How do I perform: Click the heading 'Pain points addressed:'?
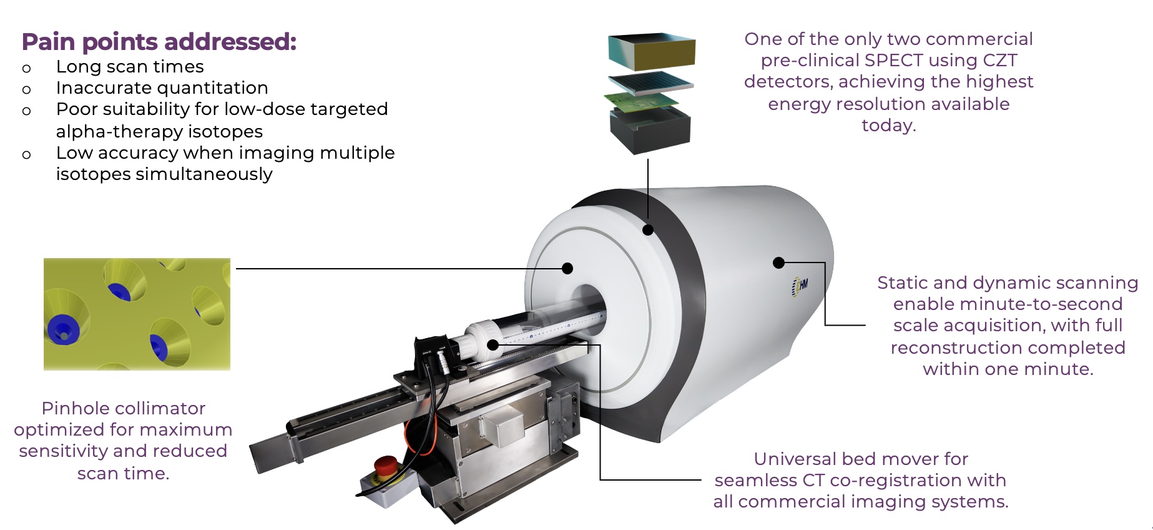coord(159,42)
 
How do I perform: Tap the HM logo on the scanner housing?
coord(800,286)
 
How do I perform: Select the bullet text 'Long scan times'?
coord(130,67)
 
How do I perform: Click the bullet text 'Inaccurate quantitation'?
coord(162,88)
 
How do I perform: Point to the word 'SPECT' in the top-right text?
coord(889,61)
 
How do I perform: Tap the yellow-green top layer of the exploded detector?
coord(651,50)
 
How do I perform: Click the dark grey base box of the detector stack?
coord(650,131)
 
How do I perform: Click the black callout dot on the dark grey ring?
coord(648,230)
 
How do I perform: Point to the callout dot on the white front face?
coord(567,269)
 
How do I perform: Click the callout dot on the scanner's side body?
coord(778,263)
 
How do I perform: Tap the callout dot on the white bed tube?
coord(493,344)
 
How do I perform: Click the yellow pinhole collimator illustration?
coord(137,314)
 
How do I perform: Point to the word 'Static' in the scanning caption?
coord(902,283)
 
